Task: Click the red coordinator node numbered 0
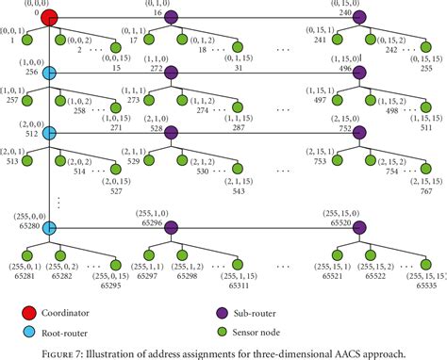pyautogui.click(x=49, y=16)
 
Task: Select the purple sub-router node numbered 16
pyautogui.click(x=171, y=16)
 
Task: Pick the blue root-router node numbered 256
pyautogui.click(x=49, y=74)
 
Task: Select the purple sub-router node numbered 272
pyautogui.click(x=171, y=74)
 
